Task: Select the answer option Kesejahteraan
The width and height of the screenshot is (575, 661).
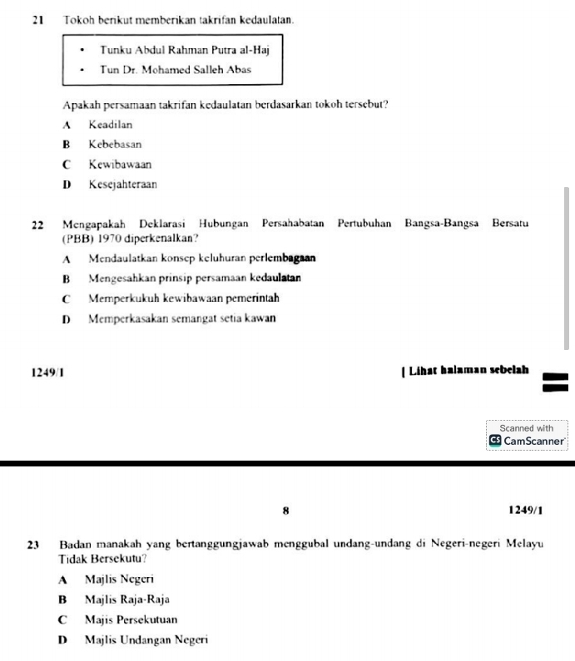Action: coord(122,185)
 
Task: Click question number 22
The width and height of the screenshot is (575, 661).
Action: coord(38,224)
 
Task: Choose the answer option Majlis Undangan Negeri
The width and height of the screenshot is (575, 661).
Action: coord(146,639)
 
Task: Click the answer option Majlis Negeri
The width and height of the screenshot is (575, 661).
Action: coord(119,578)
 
